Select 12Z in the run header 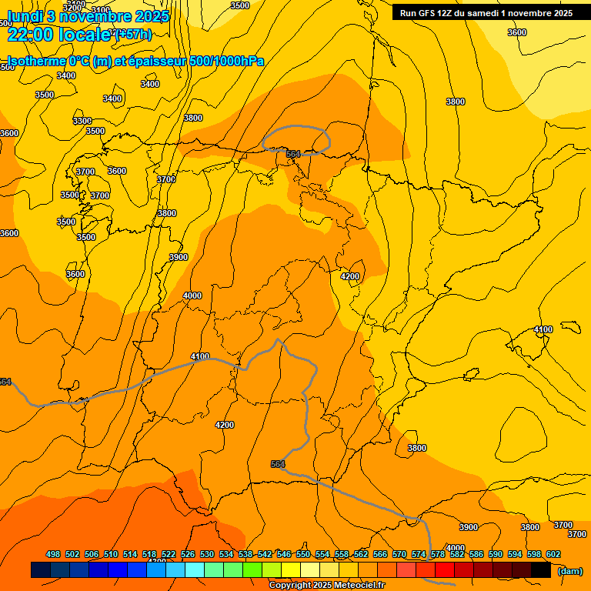click(449, 13)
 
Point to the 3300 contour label click(82, 121)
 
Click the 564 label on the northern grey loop click(293, 155)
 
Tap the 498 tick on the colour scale click(53, 554)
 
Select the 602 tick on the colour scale click(553, 554)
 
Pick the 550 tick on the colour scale click(303, 554)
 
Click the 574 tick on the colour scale click(419, 554)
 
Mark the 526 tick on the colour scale click(188, 554)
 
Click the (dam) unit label click(569, 570)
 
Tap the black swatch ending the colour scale click(541, 570)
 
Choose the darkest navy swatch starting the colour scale click(41, 570)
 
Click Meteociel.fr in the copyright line click(353, 586)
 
